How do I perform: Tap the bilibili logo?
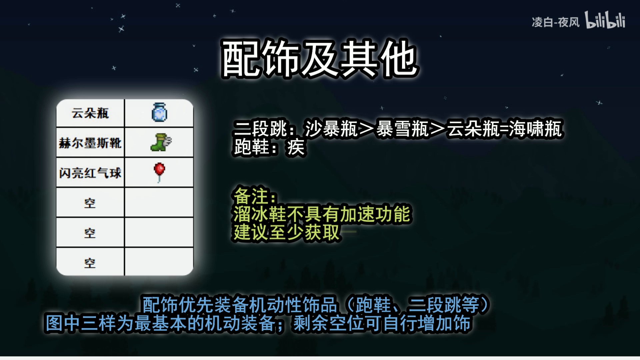tap(605, 20)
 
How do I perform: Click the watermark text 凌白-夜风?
tap(555, 22)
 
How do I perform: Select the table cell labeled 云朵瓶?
tap(90, 113)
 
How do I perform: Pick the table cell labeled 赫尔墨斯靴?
tap(90, 143)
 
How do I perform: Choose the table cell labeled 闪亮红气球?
tap(90, 173)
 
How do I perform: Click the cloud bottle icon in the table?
tap(159, 112)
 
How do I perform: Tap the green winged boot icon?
tap(161, 143)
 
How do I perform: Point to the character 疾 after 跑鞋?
tap(296, 147)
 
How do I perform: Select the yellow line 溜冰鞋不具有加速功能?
tap(322, 214)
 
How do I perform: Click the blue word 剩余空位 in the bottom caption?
tap(329, 323)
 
